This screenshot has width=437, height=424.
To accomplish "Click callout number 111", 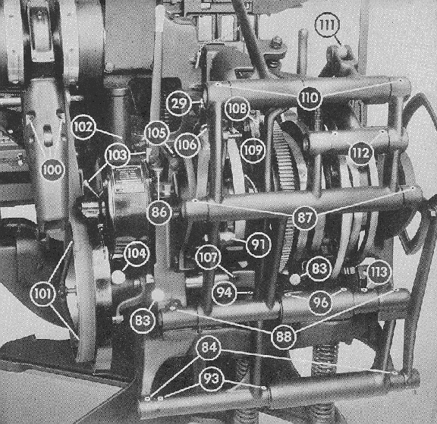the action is [327, 25].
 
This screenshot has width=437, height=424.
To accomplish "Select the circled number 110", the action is [309, 98].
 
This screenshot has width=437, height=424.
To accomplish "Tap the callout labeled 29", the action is [178, 103].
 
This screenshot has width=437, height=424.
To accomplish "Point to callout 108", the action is [237, 108].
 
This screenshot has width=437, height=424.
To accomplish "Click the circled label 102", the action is [83, 127].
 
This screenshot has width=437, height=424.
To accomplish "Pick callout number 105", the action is [157, 133].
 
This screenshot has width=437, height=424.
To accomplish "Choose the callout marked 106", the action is [187, 145].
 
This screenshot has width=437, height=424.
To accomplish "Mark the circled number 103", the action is [118, 155].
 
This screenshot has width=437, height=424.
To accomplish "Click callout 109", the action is [253, 150].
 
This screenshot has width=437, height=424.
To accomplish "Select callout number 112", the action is [361, 153].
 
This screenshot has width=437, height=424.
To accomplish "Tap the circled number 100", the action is [52, 169].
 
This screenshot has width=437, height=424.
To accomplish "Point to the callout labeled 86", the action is [159, 212].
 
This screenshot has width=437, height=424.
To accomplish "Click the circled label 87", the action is [305, 217].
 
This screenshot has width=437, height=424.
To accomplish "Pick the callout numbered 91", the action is [258, 244].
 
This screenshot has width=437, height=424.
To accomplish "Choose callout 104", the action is [137, 253].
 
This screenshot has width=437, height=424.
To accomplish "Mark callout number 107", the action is [209, 257].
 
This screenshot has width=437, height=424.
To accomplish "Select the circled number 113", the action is [379, 272].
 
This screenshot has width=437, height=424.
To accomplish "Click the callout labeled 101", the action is [43, 294].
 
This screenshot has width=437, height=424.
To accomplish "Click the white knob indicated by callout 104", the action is [118, 277].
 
